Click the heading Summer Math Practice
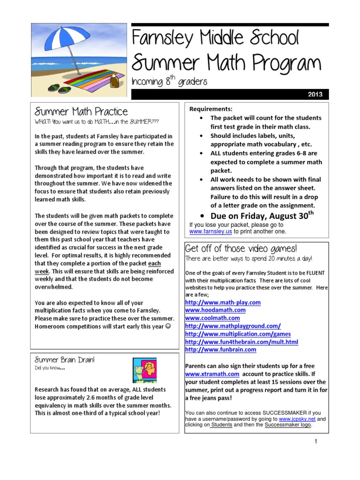pos(81,112)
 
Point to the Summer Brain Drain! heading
pos(65,360)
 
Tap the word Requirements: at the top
pos(211,109)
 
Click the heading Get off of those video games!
pos(241,248)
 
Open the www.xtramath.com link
pos(212,374)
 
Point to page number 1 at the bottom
pos(316,442)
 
